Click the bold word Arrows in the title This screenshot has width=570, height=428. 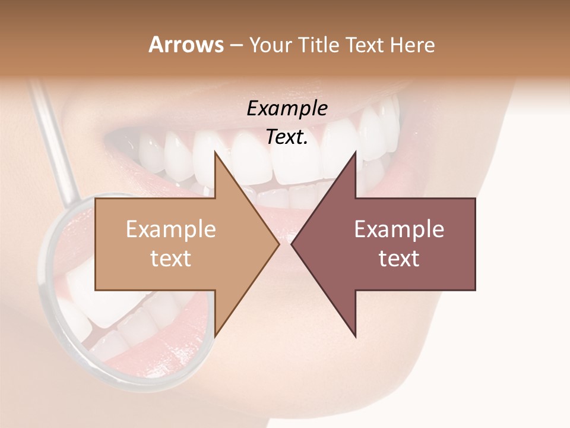[x=186, y=45]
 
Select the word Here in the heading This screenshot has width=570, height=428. [x=413, y=45]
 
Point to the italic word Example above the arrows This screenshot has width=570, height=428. [x=287, y=108]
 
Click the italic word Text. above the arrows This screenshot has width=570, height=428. [x=287, y=137]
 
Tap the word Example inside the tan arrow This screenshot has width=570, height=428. [x=171, y=229]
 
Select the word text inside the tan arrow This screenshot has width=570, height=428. [x=171, y=259]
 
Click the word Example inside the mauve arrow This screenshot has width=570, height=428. [x=399, y=229]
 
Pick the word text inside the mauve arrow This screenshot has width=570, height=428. [x=399, y=259]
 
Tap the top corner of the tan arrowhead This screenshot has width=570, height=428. [x=216, y=152]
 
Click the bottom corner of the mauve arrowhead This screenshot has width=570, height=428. [x=355, y=336]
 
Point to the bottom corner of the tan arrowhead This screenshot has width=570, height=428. [x=216, y=336]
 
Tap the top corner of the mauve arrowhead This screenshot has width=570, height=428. [x=355, y=152]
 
